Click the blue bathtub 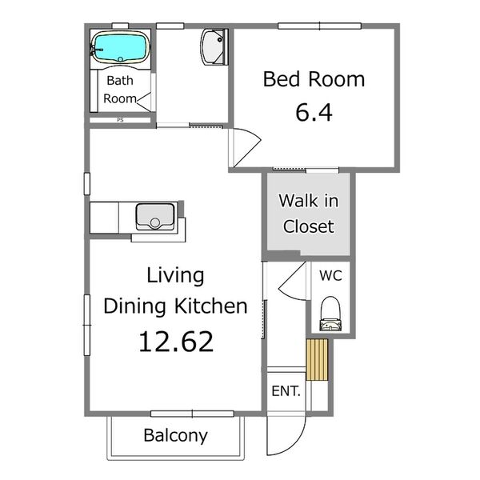coord(121,48)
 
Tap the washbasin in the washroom coord(214,47)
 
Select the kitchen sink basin coord(155,217)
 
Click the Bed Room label coord(314,79)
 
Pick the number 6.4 coord(314,112)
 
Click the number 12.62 coord(176,342)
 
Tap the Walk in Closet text coord(309,214)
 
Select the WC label coord(330,275)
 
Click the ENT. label coord(286,391)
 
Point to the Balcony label coord(176,435)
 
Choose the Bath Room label coord(120,90)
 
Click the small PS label coord(120,120)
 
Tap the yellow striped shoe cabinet coord(317,359)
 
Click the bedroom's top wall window coord(319,26)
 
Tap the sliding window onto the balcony coord(192,414)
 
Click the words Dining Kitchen coord(176,306)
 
